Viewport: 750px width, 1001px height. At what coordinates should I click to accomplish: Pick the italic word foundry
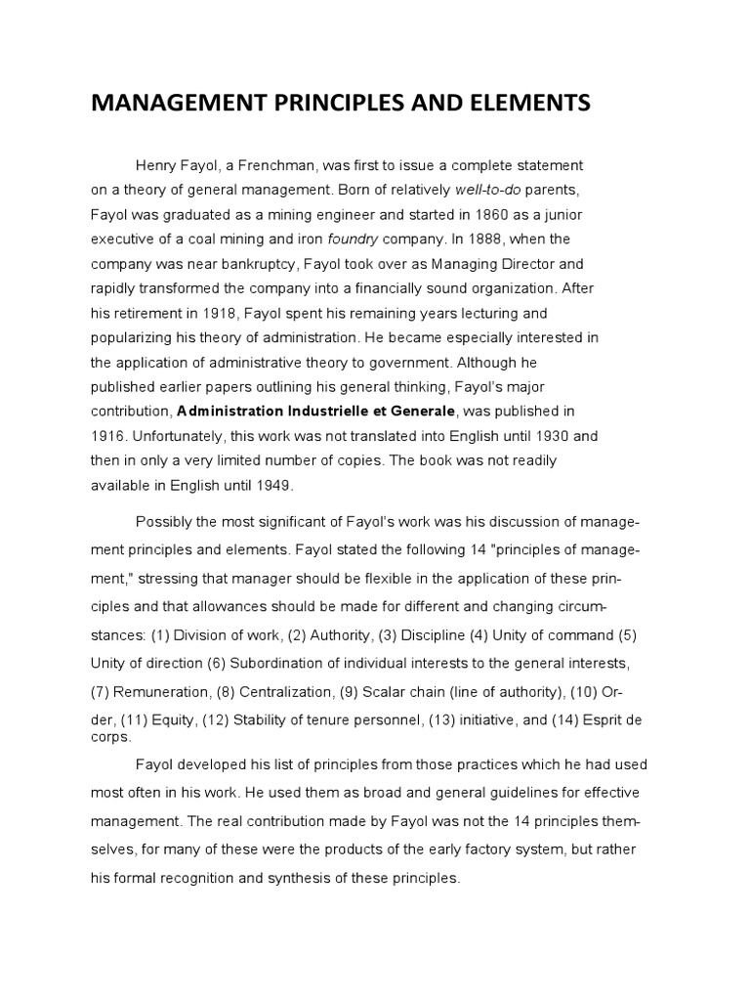[354, 239]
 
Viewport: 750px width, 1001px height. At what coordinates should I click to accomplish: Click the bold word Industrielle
[330, 412]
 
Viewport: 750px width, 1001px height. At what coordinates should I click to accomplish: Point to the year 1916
[107, 436]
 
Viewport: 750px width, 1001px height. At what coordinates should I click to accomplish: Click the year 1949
[272, 486]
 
